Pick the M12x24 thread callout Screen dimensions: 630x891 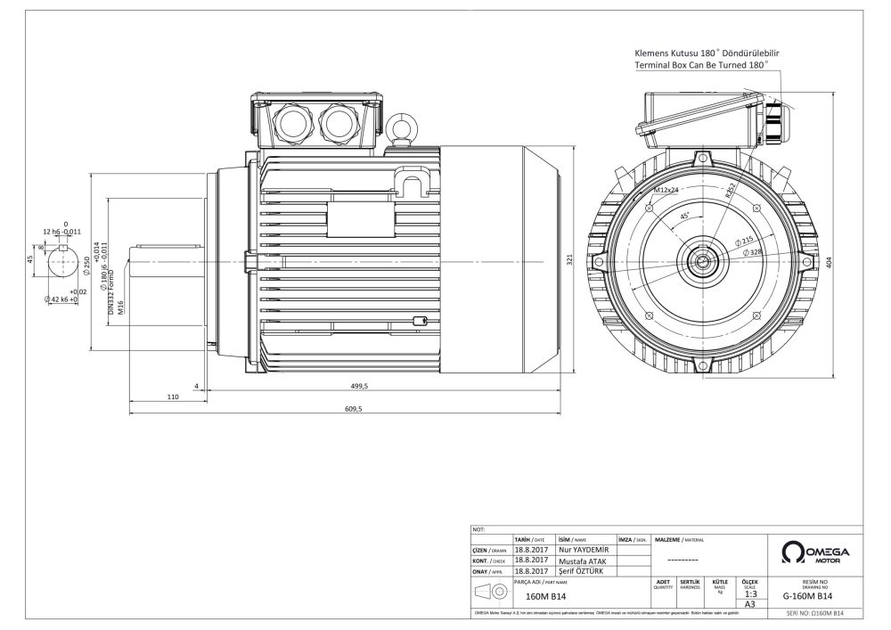(665, 191)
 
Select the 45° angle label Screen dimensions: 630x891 (684, 217)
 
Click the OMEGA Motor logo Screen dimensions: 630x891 (813, 552)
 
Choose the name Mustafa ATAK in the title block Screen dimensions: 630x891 (583, 561)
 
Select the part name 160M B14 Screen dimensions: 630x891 (546, 596)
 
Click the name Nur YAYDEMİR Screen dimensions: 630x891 (584, 551)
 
